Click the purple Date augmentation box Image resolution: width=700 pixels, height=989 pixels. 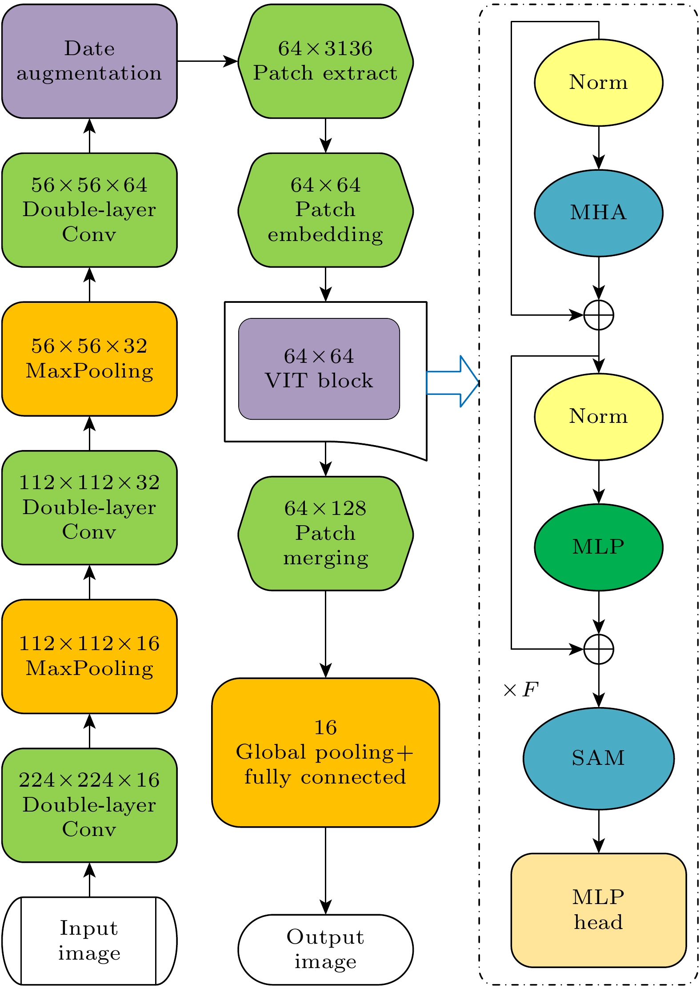[89, 61]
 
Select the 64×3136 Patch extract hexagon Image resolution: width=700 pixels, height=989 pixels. [325, 61]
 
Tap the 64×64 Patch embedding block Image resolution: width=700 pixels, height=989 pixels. [325, 210]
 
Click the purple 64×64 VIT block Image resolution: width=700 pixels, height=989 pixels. [319, 369]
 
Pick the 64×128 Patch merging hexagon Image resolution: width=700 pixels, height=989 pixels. [325, 533]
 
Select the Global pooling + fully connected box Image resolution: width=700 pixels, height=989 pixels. [325, 752]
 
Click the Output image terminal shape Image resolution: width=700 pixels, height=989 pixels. [325, 949]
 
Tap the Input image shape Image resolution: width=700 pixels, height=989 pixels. [89, 941]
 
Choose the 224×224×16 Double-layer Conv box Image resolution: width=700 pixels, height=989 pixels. [89, 805]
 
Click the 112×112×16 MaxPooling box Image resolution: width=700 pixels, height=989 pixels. [89, 656]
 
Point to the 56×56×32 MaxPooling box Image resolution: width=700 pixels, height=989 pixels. [89, 359]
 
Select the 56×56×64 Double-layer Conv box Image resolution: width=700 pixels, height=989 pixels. [89, 210]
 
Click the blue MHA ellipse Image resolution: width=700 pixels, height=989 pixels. [598, 213]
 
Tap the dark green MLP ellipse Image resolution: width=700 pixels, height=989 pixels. [598, 547]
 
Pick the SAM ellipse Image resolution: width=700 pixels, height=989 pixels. [598, 758]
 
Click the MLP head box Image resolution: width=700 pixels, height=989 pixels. [598, 910]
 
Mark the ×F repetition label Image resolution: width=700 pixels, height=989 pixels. [520, 690]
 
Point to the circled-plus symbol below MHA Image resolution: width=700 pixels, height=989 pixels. [599, 315]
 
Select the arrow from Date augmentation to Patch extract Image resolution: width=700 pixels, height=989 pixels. [207, 61]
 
